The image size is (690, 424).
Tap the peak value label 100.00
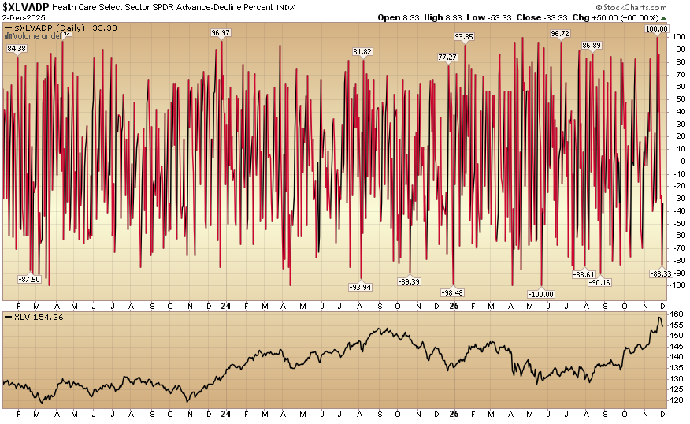click(656, 28)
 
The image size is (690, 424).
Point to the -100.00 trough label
click(541, 294)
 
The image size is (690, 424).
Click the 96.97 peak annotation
click(221, 32)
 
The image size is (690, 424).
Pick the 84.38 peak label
click(16, 49)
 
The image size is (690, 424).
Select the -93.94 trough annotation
click(361, 286)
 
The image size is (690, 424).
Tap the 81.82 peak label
click(362, 51)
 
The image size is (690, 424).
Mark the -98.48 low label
click(452, 292)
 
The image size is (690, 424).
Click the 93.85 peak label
click(465, 36)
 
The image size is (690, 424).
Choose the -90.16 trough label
click(600, 282)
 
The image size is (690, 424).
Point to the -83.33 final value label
click(660, 273)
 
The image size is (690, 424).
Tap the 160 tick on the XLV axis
click(676, 314)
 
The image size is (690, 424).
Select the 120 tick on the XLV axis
click(676, 400)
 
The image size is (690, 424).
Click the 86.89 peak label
click(592, 45)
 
